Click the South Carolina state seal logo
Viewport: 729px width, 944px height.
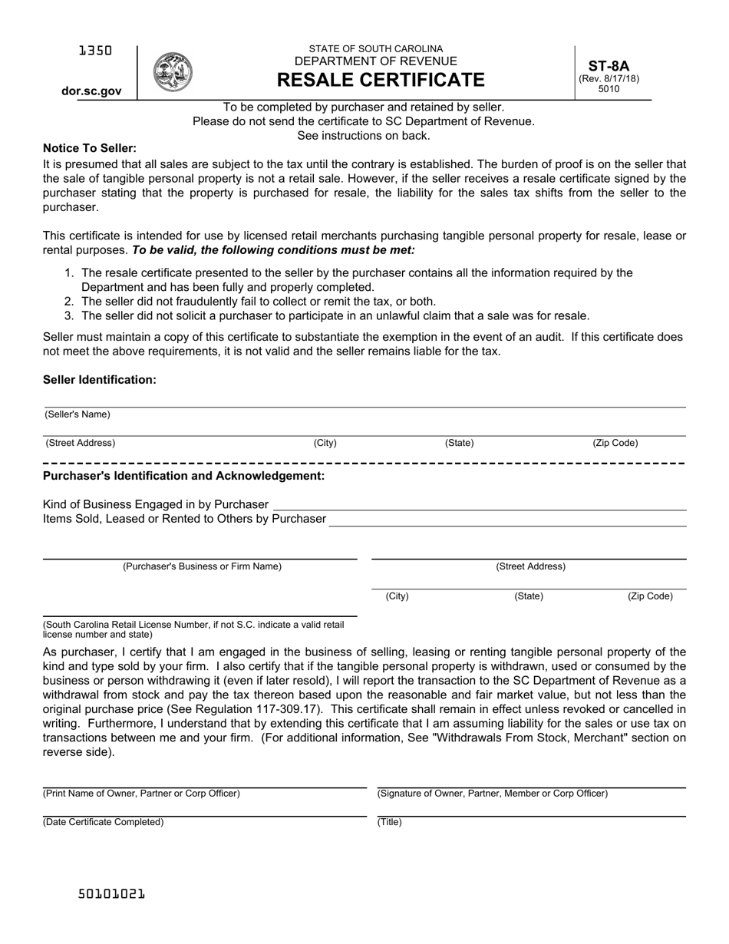[x=173, y=73]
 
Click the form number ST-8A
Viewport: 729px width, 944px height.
[x=609, y=66]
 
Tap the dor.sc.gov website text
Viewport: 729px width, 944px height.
[x=91, y=91]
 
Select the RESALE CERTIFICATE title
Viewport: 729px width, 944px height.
[x=381, y=80]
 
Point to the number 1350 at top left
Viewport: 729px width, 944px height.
[x=95, y=51]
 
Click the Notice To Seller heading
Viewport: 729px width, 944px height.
[x=90, y=148]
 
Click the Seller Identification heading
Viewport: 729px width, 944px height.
[x=100, y=380]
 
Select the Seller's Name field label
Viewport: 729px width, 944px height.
[x=78, y=414]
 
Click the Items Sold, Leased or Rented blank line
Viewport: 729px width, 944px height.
[x=507, y=520]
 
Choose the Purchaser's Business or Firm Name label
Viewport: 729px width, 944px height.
[x=202, y=566]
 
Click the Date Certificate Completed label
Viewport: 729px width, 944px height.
[x=104, y=822]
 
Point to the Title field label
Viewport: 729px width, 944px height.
[x=389, y=822]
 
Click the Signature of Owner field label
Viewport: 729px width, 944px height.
[x=492, y=794]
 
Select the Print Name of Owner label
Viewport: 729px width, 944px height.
[x=141, y=794]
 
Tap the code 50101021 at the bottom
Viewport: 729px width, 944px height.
[x=111, y=894]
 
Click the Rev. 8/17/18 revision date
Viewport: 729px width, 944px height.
[x=609, y=78]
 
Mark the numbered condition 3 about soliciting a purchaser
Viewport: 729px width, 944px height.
[x=335, y=315]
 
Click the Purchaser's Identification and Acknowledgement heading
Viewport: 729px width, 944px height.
[x=183, y=476]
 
